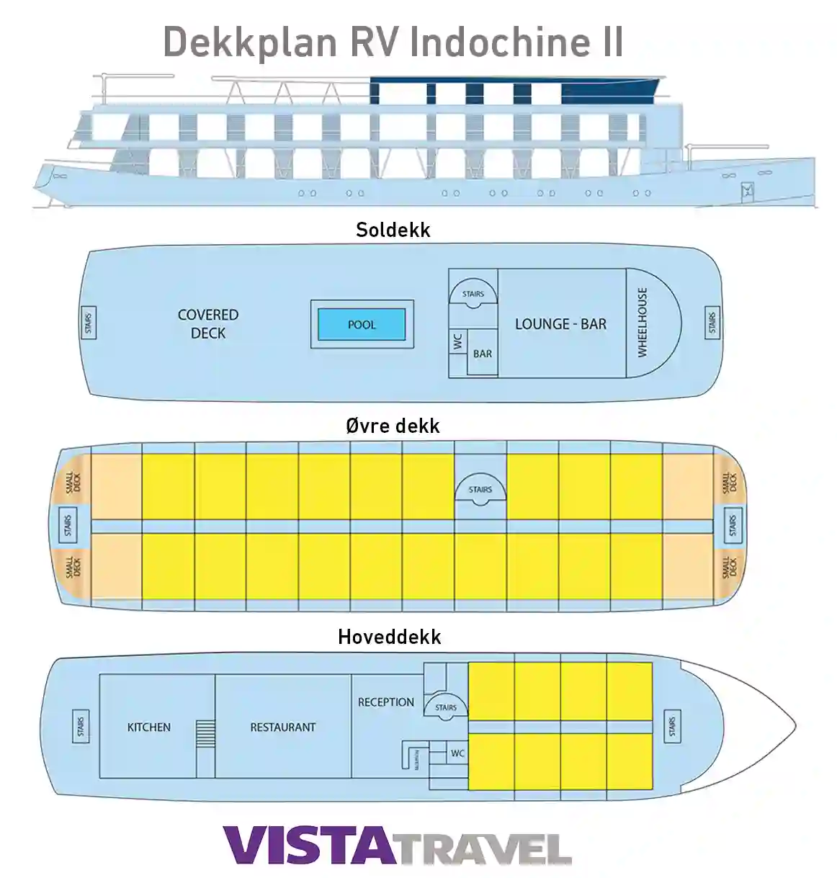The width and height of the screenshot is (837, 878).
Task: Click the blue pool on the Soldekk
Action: [362, 325]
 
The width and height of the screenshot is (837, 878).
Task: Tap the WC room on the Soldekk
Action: [457, 341]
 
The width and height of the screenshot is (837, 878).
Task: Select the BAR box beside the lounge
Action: [483, 354]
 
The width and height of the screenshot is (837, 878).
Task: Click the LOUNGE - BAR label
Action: [560, 324]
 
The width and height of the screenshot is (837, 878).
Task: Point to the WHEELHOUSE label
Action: [643, 323]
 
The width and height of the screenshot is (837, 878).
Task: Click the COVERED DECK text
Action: [208, 324]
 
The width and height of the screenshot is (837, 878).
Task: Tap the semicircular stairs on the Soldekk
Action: [473, 295]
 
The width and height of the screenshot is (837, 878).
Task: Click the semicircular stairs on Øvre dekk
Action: [480, 490]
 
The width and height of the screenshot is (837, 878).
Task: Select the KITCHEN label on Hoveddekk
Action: [149, 727]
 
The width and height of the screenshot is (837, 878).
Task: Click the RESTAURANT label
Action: [283, 727]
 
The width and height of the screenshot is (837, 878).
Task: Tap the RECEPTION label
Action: [386, 702]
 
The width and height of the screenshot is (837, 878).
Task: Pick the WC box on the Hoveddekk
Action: [457, 753]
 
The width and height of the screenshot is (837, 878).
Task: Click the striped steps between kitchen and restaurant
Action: [205, 735]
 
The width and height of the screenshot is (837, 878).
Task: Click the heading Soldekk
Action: [393, 230]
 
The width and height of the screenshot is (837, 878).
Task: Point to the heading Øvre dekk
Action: [393, 426]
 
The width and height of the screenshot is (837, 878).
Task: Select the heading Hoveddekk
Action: [390, 637]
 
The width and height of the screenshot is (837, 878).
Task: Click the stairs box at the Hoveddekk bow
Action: [672, 727]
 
